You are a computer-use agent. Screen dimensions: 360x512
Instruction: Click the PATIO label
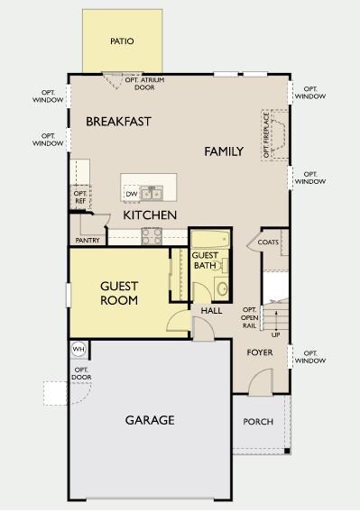point(122,41)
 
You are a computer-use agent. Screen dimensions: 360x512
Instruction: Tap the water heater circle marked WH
point(78,349)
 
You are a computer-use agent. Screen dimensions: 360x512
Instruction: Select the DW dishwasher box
point(132,194)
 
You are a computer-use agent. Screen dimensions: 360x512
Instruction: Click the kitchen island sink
point(152,193)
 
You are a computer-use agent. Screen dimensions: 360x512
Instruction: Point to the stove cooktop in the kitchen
point(152,236)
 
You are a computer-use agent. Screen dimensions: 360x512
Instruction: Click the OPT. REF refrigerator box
point(80,197)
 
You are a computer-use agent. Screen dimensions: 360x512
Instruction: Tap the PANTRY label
point(88,241)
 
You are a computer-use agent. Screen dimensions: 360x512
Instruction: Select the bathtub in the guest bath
point(210,240)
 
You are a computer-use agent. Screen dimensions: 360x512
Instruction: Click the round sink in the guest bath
point(223,288)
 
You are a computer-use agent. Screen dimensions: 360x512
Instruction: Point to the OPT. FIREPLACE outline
point(275,134)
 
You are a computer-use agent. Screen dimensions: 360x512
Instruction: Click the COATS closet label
point(268,242)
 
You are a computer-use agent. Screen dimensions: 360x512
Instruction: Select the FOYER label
point(260,352)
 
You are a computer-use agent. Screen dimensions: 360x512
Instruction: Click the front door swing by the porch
point(261,381)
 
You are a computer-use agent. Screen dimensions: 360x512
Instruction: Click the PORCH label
point(258,422)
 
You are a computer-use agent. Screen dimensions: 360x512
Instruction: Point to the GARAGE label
point(150,420)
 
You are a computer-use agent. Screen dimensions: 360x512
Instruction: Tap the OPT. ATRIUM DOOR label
point(144,84)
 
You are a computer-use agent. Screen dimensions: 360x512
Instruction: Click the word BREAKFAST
point(118,122)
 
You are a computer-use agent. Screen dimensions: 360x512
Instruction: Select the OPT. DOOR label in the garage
point(81,373)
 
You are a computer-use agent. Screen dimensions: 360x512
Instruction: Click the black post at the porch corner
point(287,451)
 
